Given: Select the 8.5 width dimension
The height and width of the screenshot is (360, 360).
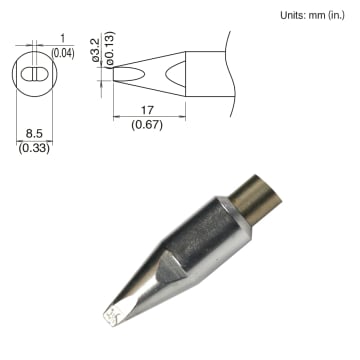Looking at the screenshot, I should (32, 132).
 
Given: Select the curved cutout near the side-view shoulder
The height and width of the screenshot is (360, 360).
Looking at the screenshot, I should (176, 72).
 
